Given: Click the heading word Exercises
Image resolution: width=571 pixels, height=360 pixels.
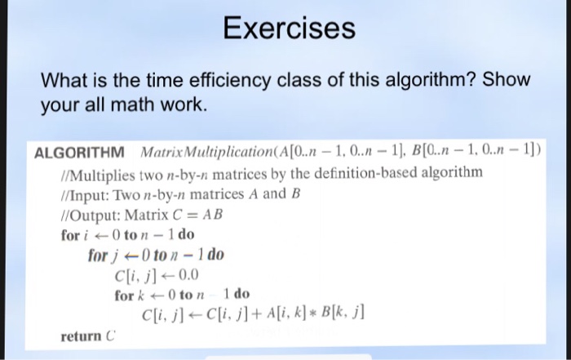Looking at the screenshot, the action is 289,28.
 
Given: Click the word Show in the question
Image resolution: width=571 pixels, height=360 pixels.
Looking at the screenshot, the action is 507,79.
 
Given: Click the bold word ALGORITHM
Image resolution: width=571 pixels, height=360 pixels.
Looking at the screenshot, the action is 79,153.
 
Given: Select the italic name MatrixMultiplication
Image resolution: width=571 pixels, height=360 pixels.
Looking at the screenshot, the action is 206,152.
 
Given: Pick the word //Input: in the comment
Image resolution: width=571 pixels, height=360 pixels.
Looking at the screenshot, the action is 85,196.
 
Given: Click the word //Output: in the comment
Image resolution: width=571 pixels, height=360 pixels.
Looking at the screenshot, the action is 91,216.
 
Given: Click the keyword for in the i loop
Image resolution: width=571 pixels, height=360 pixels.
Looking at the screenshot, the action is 70,235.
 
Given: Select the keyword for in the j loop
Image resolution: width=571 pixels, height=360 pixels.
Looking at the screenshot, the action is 98,255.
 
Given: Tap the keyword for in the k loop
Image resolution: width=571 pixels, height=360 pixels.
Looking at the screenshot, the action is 124,295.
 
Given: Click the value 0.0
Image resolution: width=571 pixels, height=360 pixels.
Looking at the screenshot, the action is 188,275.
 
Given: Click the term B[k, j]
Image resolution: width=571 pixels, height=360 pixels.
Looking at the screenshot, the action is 343,313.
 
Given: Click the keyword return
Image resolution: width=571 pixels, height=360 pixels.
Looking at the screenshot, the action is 81,336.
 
